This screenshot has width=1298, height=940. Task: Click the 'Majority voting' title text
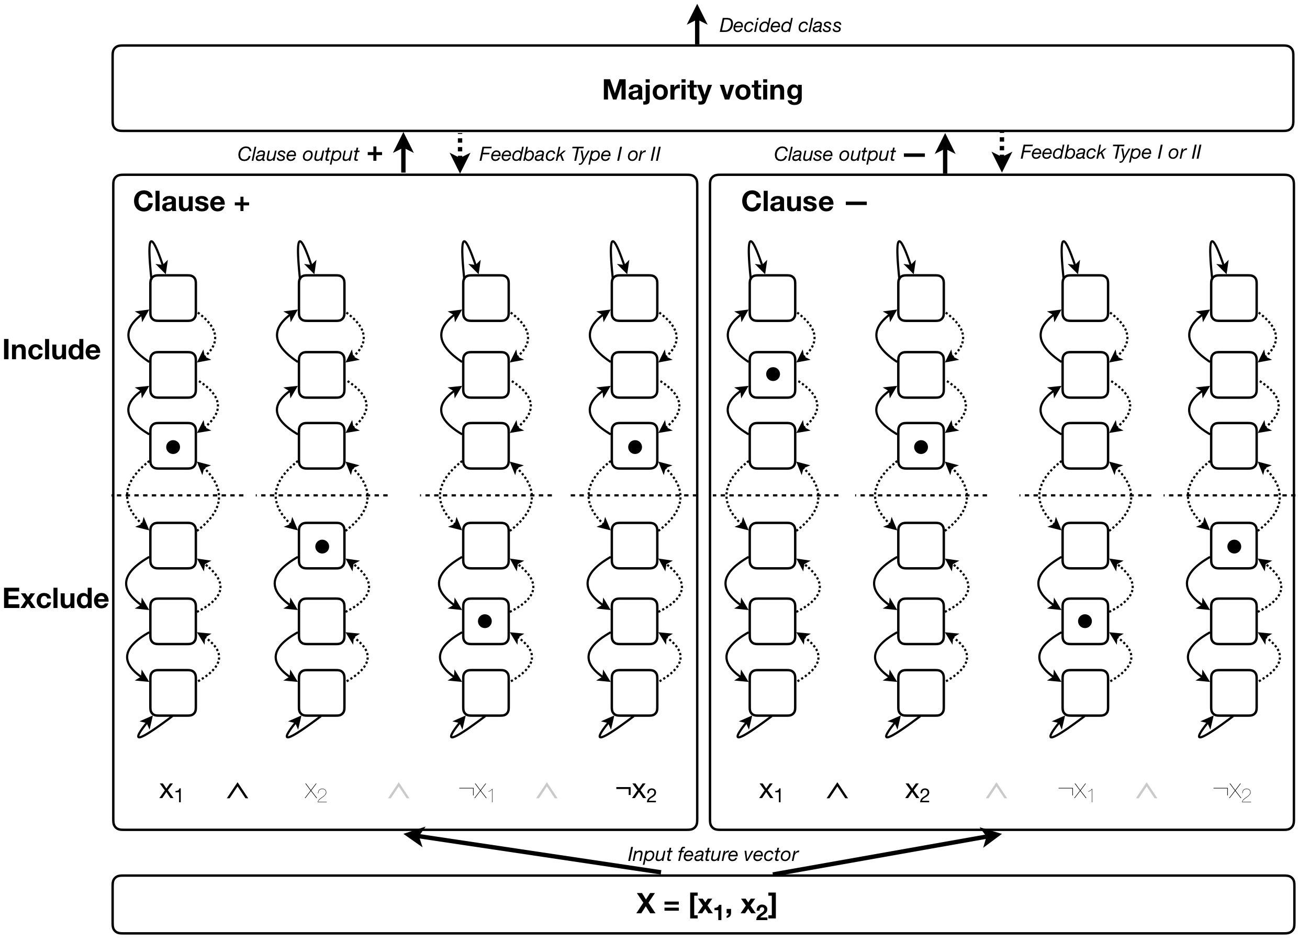click(702, 90)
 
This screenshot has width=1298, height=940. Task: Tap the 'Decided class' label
click(779, 26)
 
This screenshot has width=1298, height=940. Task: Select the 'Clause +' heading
click(191, 202)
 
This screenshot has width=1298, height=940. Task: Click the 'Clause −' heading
click(803, 202)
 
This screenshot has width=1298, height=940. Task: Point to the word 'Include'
click(51, 350)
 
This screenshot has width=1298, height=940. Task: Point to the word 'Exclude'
click(55, 599)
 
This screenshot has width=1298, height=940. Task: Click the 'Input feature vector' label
click(712, 854)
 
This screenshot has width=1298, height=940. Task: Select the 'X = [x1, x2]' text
click(706, 905)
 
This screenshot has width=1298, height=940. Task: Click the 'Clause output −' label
click(849, 154)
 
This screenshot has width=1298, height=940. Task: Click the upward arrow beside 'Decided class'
click(697, 23)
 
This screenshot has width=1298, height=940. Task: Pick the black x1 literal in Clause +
click(171, 792)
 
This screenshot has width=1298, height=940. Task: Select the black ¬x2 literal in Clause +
click(635, 792)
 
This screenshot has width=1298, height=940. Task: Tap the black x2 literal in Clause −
click(917, 792)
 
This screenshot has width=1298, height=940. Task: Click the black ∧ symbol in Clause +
click(238, 791)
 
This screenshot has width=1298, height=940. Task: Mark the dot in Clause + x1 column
click(173, 447)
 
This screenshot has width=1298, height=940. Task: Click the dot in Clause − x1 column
click(773, 374)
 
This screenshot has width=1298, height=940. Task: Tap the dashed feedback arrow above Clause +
click(460, 153)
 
